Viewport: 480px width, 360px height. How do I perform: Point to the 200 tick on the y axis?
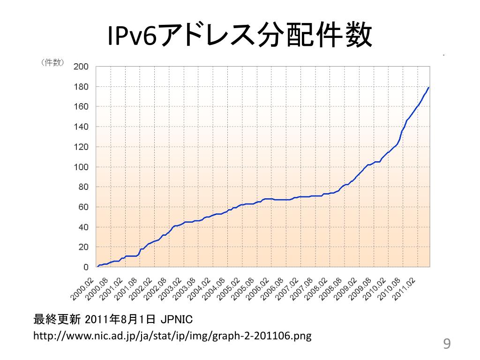81,67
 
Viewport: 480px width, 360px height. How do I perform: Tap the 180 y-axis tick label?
81,87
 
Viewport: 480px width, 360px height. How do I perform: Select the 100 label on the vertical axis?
81,167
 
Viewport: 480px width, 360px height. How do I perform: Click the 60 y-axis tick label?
82,207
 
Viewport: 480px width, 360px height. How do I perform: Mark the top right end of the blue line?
428,87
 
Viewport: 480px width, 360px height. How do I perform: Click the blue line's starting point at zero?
97,267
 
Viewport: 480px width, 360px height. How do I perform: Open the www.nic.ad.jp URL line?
173,336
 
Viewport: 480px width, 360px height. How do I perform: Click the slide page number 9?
447,345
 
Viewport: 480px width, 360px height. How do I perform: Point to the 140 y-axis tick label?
81,127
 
